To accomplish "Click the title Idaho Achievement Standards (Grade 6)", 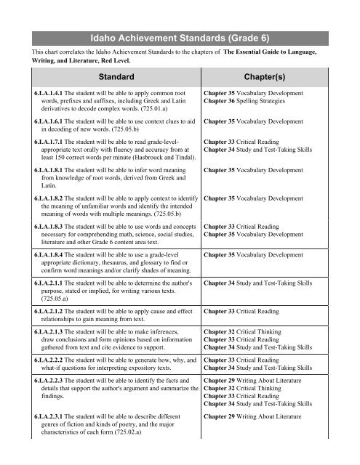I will point(180,34).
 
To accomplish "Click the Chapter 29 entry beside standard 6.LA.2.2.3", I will point(263,390).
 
